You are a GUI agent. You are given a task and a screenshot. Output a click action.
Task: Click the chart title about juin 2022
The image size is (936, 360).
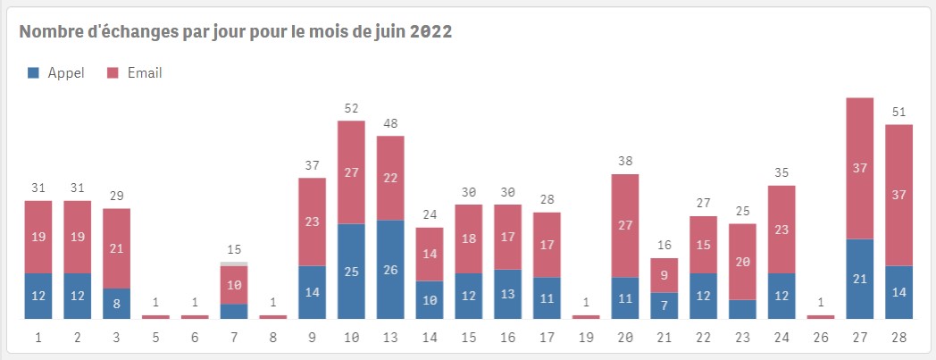pyautogui.click(x=236, y=32)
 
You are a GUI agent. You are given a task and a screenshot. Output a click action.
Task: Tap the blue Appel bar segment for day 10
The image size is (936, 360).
pyautogui.click(x=352, y=271)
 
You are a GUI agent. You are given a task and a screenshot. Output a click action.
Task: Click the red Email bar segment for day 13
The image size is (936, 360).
pyautogui.click(x=390, y=178)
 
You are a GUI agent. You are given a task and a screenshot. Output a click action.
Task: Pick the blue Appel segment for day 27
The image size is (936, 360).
pyautogui.click(x=860, y=279)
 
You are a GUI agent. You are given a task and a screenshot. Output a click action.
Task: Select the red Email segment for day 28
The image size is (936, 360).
pyautogui.click(x=898, y=195)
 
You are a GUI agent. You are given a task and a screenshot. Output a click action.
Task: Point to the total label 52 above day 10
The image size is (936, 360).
pyautogui.click(x=352, y=109)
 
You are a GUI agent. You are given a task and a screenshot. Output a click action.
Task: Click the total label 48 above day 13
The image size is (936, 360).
pyautogui.click(x=390, y=124)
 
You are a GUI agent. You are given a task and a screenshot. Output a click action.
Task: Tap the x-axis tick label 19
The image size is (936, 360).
pyautogui.click(x=586, y=339)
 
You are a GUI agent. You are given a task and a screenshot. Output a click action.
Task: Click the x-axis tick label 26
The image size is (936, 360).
pyautogui.click(x=821, y=339)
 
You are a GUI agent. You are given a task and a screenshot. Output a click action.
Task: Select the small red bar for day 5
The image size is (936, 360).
pyautogui.click(x=155, y=316)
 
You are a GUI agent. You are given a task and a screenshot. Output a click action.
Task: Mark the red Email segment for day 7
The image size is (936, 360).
pyautogui.click(x=234, y=285)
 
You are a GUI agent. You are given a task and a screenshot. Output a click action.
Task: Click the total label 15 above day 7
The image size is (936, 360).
pyautogui.click(x=234, y=250)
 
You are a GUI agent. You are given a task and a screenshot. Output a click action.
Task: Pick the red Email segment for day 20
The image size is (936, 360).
pyautogui.click(x=625, y=225)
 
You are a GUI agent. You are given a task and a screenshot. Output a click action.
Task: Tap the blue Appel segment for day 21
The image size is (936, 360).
pyautogui.click(x=664, y=306)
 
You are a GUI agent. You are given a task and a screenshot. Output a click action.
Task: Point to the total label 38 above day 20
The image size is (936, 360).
pyautogui.click(x=625, y=162)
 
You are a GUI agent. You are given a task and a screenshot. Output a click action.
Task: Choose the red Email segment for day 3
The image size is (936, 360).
pyautogui.click(x=117, y=247)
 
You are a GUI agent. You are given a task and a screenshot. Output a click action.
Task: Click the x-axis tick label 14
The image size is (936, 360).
pyautogui.click(x=430, y=339)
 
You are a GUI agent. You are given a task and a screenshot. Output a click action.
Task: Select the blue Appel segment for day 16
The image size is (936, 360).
pyautogui.click(x=508, y=294)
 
